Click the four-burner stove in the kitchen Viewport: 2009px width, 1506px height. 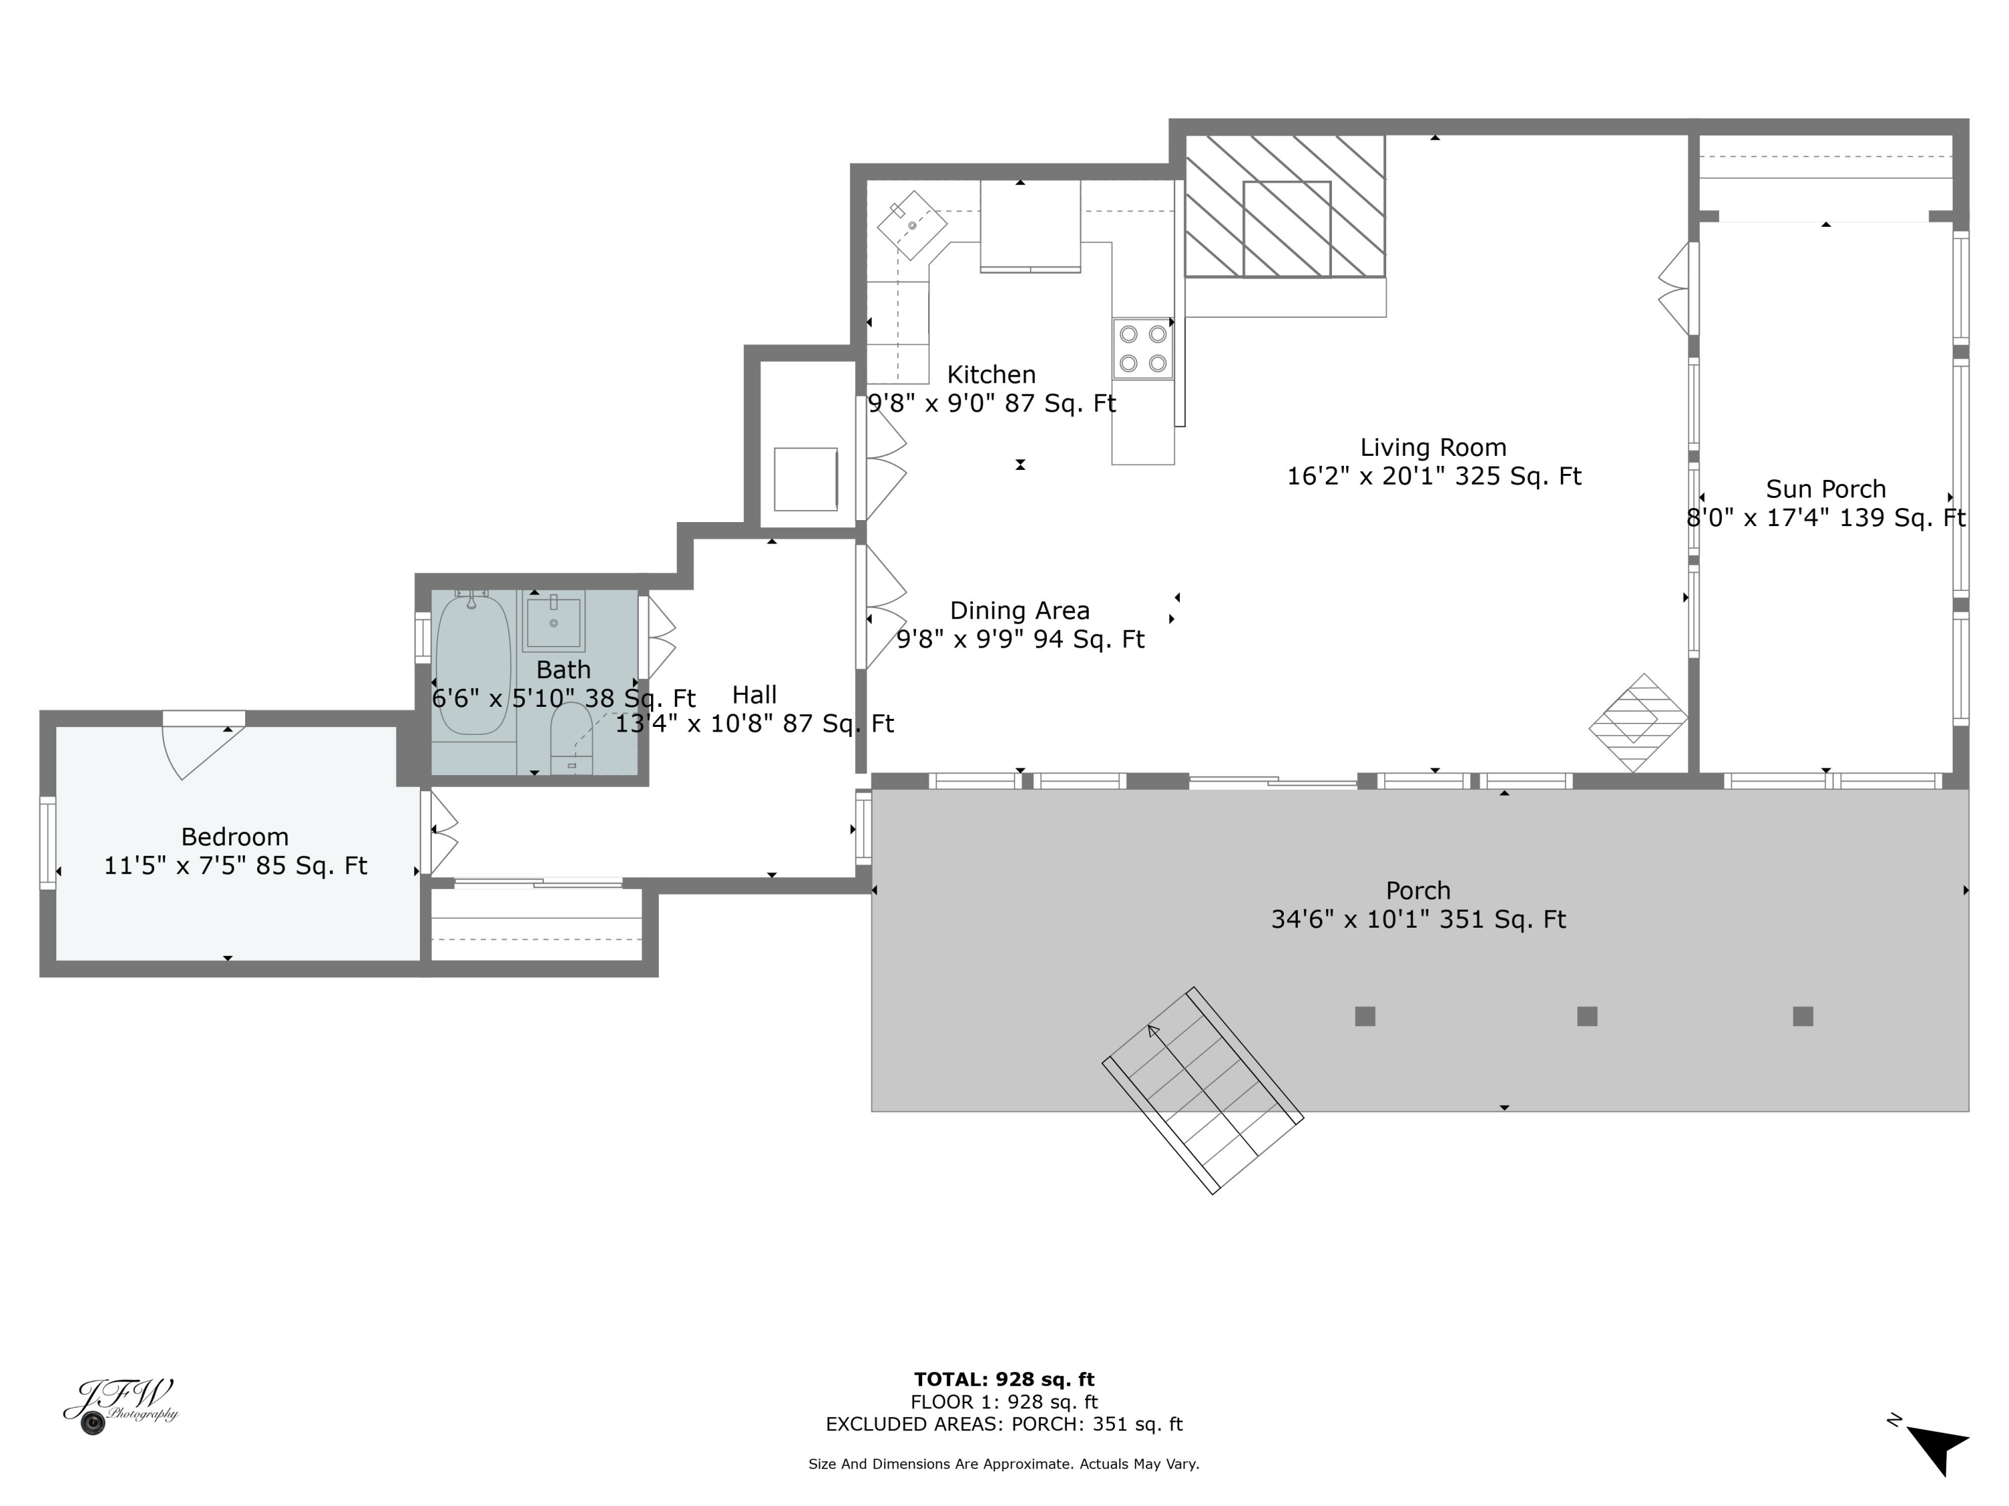tap(1142, 349)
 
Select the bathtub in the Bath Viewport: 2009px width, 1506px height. tap(472, 665)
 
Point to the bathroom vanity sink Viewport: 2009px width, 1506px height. tap(553, 621)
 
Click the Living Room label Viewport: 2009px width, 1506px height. tap(1432, 448)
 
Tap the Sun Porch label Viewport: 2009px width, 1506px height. tap(1826, 489)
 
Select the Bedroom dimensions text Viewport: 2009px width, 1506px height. tap(235, 866)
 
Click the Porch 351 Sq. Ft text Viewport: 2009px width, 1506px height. tap(1418, 920)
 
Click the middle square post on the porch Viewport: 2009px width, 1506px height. tap(1586, 1016)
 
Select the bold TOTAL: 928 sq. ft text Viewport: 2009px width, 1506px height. tap(1004, 1379)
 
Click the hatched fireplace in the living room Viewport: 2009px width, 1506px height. tap(1285, 207)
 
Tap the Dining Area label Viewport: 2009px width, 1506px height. tap(1019, 611)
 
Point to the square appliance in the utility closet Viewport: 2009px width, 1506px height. tap(806, 479)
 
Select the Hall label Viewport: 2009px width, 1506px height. tap(754, 695)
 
